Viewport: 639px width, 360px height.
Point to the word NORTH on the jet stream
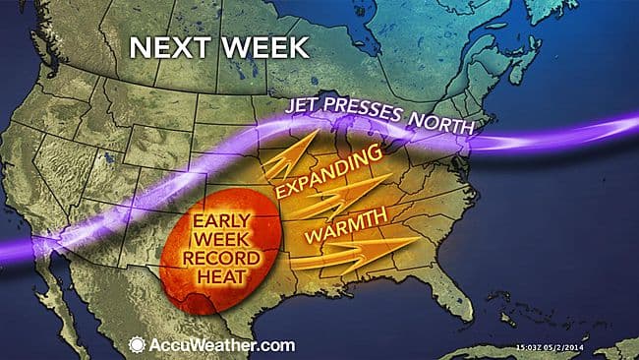click(x=442, y=124)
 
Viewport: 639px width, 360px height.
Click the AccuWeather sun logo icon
click(x=137, y=344)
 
